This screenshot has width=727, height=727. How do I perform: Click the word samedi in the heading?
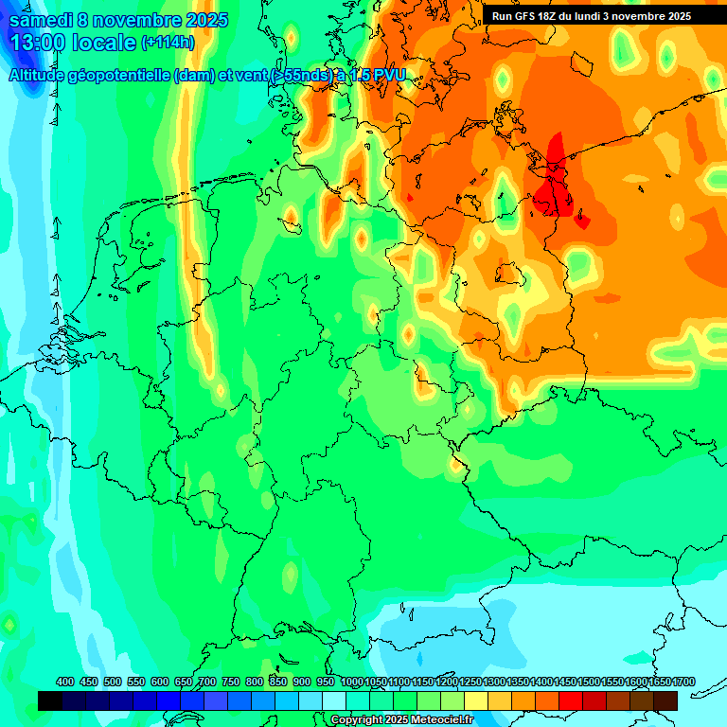(x=42, y=20)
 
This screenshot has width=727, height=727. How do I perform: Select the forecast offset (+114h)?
(x=168, y=43)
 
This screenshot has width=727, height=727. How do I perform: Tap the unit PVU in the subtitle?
(x=387, y=76)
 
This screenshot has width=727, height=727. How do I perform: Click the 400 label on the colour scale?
(x=65, y=683)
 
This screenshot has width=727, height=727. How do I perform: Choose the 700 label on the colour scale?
(x=207, y=683)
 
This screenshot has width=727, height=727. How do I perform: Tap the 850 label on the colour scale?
(x=278, y=683)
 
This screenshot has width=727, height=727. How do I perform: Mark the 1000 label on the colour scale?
(x=352, y=683)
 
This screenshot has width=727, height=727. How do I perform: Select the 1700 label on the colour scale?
(x=683, y=683)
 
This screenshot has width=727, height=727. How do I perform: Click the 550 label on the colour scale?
(x=136, y=683)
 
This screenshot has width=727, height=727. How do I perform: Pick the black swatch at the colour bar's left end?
(x=50, y=701)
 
